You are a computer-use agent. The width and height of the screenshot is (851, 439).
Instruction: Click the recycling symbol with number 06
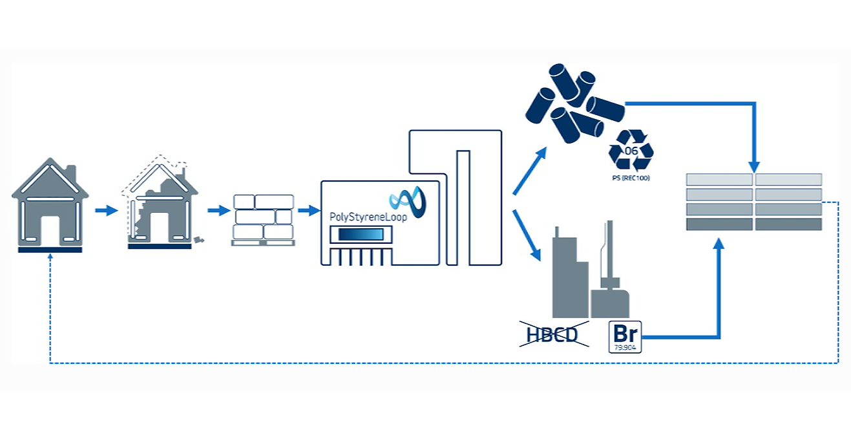631,151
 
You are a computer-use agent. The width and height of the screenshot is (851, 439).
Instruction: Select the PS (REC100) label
631,177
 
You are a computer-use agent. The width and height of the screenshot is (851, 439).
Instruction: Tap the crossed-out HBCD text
554,334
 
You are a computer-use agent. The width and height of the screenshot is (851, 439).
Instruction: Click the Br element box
625,336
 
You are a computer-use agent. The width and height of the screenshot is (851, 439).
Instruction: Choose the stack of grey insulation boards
753,202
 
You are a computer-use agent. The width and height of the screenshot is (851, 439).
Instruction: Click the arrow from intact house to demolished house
105,211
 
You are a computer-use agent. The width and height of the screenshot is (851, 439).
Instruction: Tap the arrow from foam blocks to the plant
309,211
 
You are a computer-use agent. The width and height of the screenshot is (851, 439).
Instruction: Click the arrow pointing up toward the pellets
530,171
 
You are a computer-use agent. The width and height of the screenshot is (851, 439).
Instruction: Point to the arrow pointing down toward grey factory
528,235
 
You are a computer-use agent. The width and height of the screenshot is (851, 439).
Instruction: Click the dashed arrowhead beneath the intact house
50,257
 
